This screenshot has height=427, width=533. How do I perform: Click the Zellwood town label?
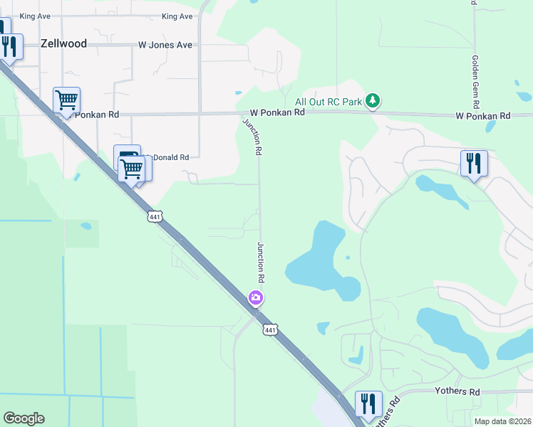[x=63, y=43]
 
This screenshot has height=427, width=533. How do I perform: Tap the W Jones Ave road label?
[x=165, y=45]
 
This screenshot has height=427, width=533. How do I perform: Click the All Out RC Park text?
[x=329, y=101]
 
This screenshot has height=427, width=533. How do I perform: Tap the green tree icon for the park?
[x=372, y=101]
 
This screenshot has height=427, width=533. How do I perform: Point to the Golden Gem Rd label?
[x=473, y=78]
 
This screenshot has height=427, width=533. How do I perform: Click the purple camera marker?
[x=255, y=297]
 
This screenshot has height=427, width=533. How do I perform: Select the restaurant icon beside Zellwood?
[x=9, y=47]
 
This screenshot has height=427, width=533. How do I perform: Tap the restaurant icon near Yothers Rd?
[x=368, y=404]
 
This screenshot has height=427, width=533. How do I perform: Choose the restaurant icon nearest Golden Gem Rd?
[x=473, y=163]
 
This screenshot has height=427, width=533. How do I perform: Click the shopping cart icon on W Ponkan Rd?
[x=66, y=100]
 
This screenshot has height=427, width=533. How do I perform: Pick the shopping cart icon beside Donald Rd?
[x=132, y=169]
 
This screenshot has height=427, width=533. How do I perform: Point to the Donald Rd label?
[x=171, y=157]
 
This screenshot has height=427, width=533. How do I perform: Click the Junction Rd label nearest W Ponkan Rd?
[x=253, y=137]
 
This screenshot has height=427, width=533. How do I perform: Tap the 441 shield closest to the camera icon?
[x=269, y=330]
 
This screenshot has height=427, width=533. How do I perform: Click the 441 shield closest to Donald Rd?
[x=156, y=216]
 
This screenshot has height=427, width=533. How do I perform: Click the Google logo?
[x=24, y=418]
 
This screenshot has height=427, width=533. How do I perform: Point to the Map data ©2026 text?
[x=502, y=421]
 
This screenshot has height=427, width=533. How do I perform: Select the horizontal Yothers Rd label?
[x=457, y=392]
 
